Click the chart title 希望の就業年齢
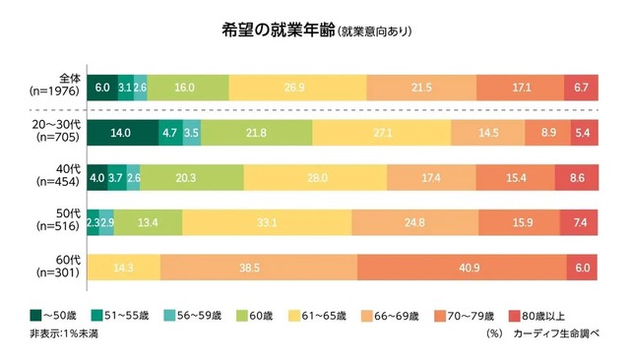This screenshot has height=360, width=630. coord(278,30)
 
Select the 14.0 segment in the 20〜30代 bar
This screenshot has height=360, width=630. coord(122,132)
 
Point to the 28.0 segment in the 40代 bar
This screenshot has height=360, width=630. coord(315,178)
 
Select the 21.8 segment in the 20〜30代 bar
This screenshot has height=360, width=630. coord(257,132)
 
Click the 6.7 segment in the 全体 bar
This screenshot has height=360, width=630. coord(582,88)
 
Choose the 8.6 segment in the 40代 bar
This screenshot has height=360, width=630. coord(577,178)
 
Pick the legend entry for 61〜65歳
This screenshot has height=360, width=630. coord(314,316)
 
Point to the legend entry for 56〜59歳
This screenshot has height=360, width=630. coord(203,316)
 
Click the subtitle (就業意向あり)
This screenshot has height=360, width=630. coord(374,31)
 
